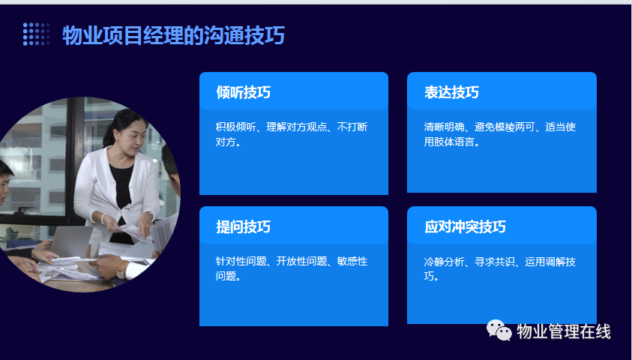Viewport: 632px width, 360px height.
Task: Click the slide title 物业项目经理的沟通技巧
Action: click(x=174, y=35)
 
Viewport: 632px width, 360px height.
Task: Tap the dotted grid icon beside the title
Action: click(x=36, y=34)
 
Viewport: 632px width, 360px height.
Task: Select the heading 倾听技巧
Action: click(x=243, y=92)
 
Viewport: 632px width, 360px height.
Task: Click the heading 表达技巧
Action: click(x=451, y=92)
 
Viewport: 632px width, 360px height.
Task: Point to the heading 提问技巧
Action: click(x=243, y=226)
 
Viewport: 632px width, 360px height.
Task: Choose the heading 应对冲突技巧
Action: click(x=465, y=226)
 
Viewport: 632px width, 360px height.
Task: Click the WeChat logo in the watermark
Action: click(x=499, y=330)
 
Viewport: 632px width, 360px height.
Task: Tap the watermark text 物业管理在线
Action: click(x=564, y=331)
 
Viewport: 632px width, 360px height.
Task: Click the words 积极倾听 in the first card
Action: click(x=236, y=127)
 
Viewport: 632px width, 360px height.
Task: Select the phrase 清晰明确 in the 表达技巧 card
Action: click(x=444, y=127)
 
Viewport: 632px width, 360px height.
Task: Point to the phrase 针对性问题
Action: click(x=241, y=261)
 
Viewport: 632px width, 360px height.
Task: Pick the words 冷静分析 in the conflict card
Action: click(x=444, y=262)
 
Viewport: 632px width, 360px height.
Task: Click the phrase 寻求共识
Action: click(x=495, y=262)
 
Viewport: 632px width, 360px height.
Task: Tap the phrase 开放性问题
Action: click(x=301, y=261)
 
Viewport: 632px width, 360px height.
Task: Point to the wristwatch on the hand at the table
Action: click(x=121, y=269)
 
